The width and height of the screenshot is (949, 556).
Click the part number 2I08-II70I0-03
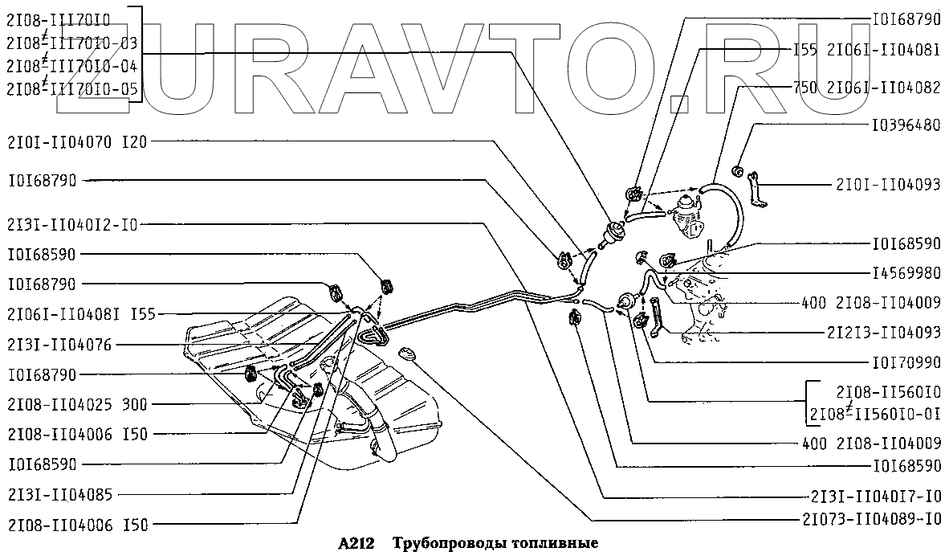click(71, 42)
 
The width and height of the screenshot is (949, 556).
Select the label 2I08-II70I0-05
click(71, 88)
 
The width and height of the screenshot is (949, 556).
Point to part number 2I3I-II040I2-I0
click(72, 224)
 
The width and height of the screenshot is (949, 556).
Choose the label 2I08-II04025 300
click(77, 404)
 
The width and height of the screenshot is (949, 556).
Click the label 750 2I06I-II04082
click(866, 88)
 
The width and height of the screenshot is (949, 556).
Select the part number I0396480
click(905, 126)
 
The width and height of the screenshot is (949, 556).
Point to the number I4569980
click(905, 272)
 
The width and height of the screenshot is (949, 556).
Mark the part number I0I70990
click(905, 362)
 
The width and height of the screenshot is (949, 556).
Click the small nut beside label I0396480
click(738, 170)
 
